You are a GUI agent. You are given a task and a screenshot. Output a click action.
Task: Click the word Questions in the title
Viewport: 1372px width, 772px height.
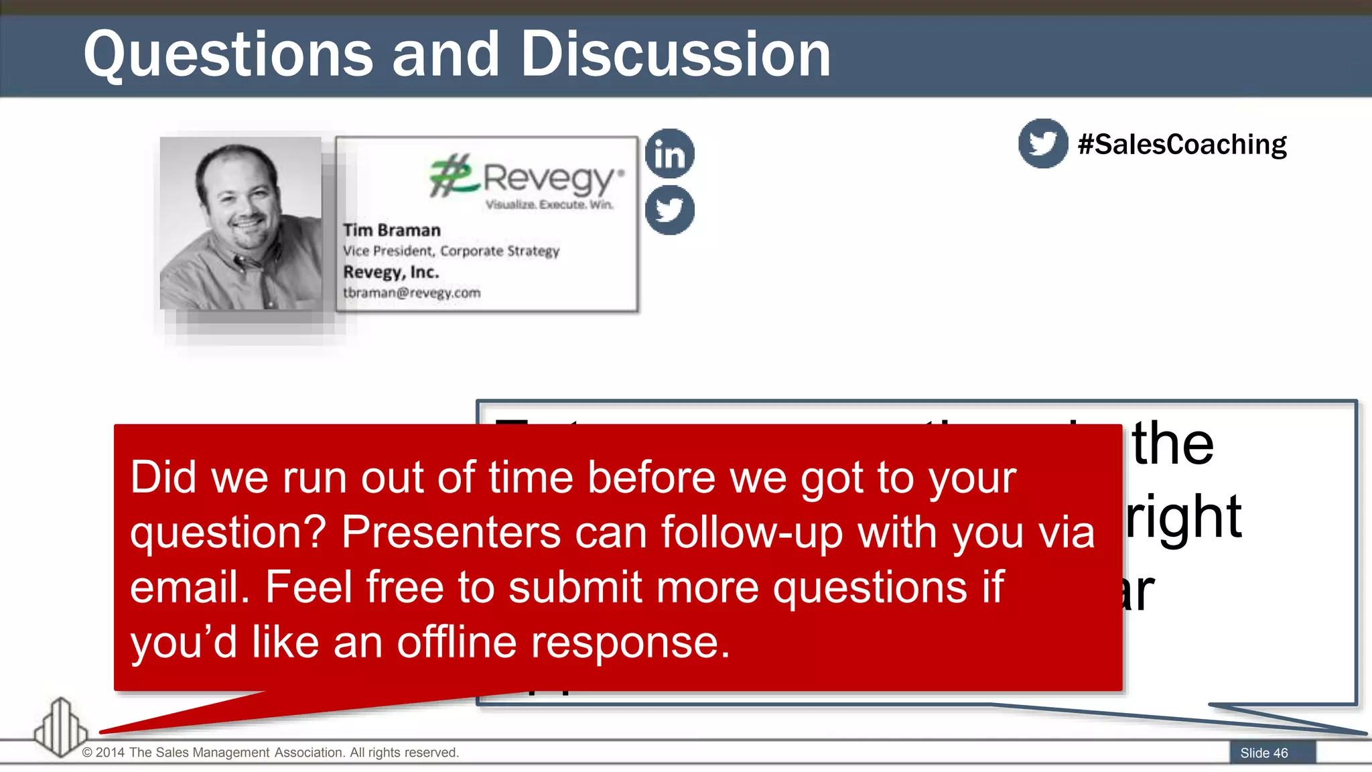pos(228,55)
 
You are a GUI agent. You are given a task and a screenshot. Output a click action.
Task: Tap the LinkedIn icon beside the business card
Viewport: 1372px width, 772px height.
pos(669,153)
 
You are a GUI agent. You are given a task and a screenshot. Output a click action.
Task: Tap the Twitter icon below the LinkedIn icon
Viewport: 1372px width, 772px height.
pos(669,210)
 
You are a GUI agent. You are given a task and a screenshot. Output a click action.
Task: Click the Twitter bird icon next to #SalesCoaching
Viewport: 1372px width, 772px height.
pos(1042,143)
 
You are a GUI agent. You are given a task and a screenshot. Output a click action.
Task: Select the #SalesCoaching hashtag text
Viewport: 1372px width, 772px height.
pos(1182,145)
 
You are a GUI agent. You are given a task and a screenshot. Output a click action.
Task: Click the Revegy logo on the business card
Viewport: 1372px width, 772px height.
pos(527,177)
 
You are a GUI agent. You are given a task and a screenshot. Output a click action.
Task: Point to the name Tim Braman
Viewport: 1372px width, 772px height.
pos(392,230)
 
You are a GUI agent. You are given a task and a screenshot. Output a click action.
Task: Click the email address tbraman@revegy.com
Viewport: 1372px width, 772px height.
pos(411,293)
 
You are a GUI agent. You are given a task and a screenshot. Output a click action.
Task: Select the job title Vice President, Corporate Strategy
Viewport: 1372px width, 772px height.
pos(451,251)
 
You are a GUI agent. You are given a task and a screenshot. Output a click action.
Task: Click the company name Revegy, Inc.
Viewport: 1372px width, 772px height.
pos(391,272)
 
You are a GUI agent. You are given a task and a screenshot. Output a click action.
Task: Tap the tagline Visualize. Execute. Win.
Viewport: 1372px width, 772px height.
pos(549,204)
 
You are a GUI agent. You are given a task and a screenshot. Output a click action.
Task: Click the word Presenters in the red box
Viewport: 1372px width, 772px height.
pos(451,533)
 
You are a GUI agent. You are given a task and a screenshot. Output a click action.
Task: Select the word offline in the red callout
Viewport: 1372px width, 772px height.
pos(456,642)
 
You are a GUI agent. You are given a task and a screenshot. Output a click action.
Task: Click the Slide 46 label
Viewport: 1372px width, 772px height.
pos(1264,753)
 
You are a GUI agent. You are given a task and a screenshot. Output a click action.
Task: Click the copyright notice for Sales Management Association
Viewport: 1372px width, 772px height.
pos(271,753)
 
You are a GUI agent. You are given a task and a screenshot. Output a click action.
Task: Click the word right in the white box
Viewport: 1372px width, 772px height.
pos(1184,516)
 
